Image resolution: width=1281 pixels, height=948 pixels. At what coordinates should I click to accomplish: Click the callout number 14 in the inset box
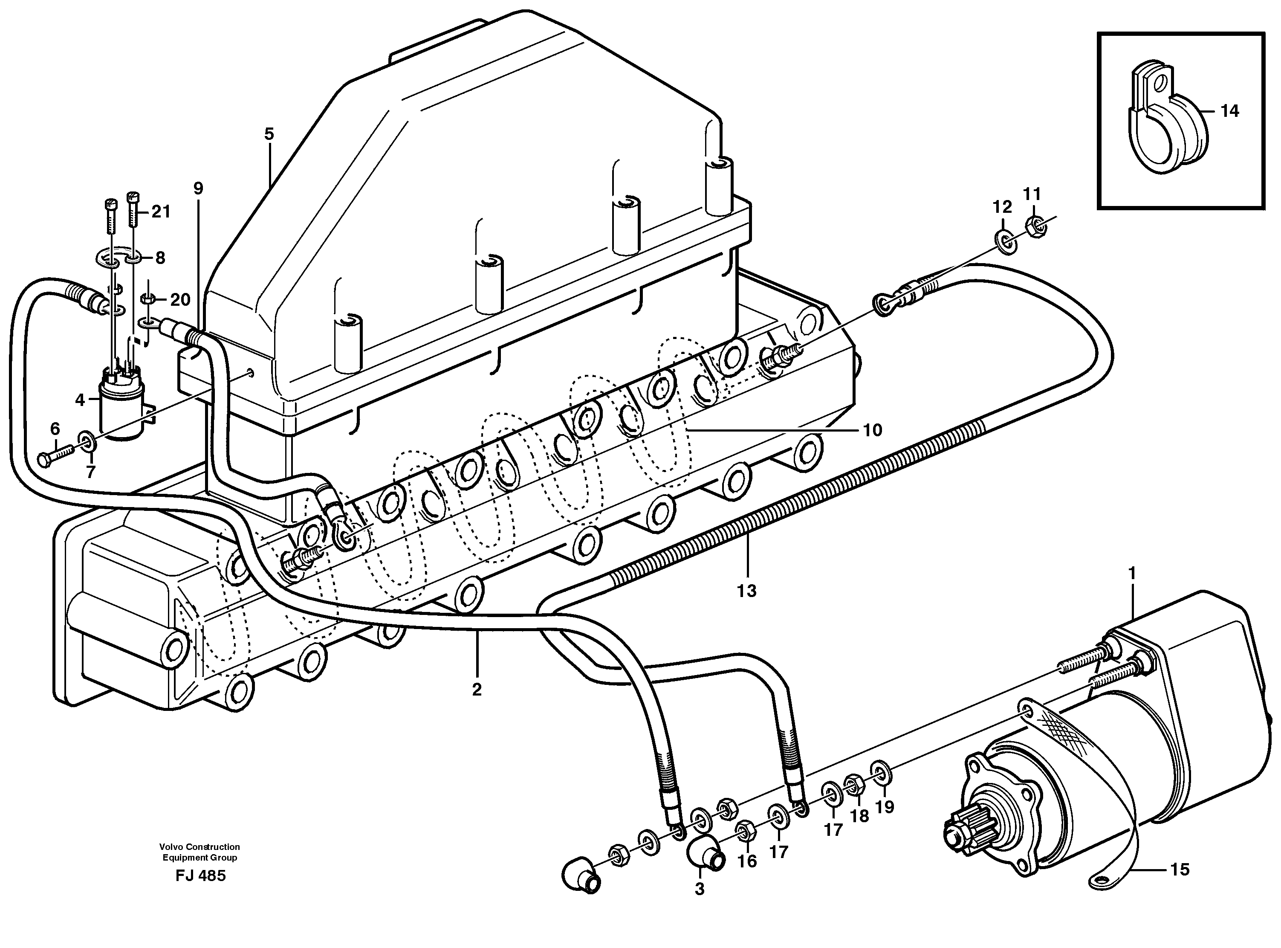click(x=1229, y=111)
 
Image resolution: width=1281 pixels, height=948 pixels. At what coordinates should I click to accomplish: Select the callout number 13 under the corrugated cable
click(x=747, y=591)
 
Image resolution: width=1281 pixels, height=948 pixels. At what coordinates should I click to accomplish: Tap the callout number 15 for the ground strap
click(x=1180, y=870)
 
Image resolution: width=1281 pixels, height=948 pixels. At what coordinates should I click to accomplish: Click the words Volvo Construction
click(x=200, y=847)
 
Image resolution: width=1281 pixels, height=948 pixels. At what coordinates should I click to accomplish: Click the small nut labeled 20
click(x=147, y=299)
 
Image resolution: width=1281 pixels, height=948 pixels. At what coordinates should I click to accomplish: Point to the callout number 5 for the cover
click(x=269, y=134)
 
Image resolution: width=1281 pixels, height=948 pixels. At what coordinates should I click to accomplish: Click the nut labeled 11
click(x=1036, y=227)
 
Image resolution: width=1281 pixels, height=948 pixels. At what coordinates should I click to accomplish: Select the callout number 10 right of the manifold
click(x=873, y=430)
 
